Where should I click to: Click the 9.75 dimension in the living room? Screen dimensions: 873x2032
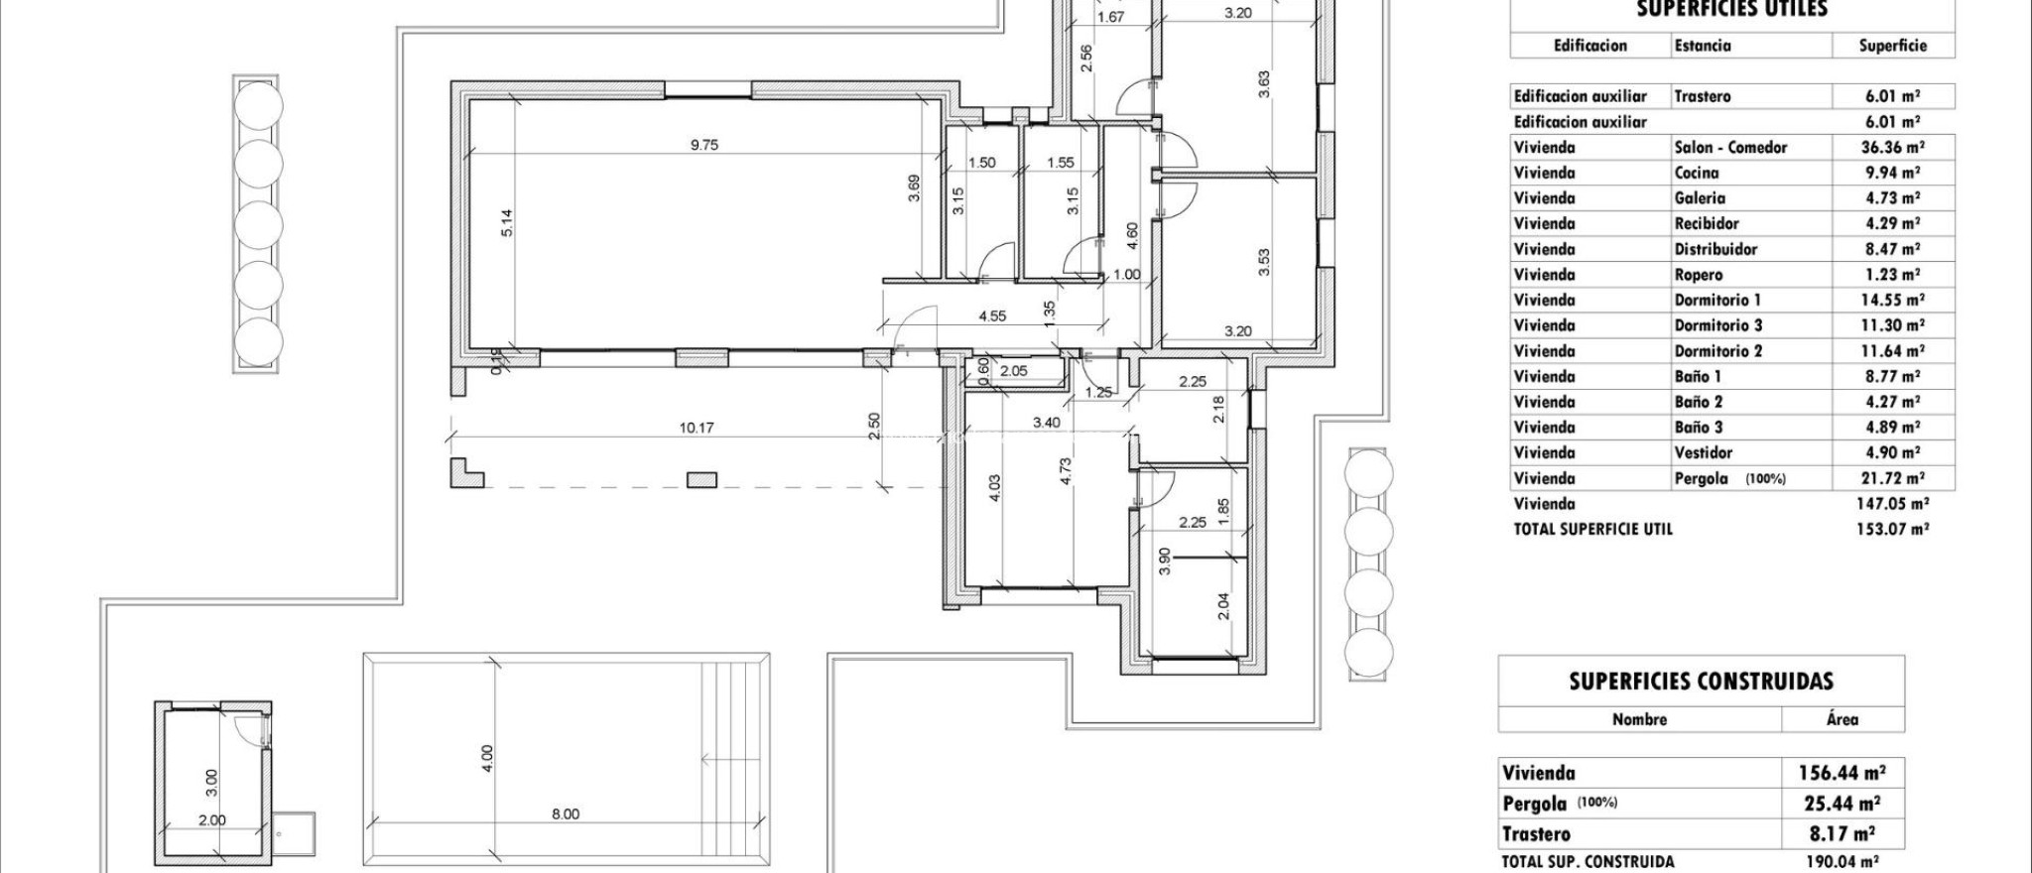[703, 145]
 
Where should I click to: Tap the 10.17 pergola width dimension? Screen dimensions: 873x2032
[696, 429]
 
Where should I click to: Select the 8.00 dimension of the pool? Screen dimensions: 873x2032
[565, 814]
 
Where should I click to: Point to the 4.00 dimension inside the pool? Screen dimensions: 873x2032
[486, 759]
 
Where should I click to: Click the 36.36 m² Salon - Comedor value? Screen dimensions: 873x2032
[1892, 148]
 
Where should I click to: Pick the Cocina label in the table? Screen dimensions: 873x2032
[1696, 173]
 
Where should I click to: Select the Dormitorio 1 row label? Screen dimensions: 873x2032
[1717, 300]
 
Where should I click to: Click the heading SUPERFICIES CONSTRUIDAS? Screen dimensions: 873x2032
[1701, 682]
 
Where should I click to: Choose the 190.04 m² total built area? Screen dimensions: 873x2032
[1839, 862]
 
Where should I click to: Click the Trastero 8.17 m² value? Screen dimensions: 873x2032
[1841, 833]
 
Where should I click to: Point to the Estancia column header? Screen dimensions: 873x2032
[1703, 46]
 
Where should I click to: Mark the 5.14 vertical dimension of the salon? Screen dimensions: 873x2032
[508, 220]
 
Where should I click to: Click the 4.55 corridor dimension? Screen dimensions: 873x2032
[992, 316]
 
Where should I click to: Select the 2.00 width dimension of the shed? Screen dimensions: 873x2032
[212, 820]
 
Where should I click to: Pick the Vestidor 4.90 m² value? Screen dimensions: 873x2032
[1892, 453]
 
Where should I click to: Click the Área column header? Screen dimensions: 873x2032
[1841, 719]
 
